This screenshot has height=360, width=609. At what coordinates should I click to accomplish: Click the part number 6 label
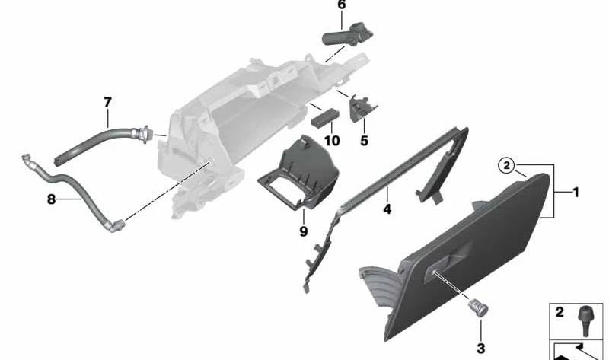coord(341,5)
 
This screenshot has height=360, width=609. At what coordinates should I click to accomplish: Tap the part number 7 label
coord(107,103)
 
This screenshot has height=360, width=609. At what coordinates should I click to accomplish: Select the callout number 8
coord(51,199)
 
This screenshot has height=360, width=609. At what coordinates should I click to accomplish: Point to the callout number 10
coord(332,141)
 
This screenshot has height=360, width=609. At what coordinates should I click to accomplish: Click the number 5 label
coord(364,141)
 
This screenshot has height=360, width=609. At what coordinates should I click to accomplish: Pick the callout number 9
coord(303,231)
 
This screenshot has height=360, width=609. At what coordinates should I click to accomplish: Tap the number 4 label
coord(387,209)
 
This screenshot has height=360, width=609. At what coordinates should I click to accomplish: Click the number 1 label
coord(576,193)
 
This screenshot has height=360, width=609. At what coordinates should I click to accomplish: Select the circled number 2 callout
coord(506,166)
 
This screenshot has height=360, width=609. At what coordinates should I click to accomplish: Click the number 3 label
coord(481,349)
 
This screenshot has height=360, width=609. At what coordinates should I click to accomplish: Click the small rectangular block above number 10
coord(325,118)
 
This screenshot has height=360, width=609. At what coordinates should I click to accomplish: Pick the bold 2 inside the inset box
coord(560,312)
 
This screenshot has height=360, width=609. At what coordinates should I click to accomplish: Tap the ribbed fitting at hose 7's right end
coord(142,133)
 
